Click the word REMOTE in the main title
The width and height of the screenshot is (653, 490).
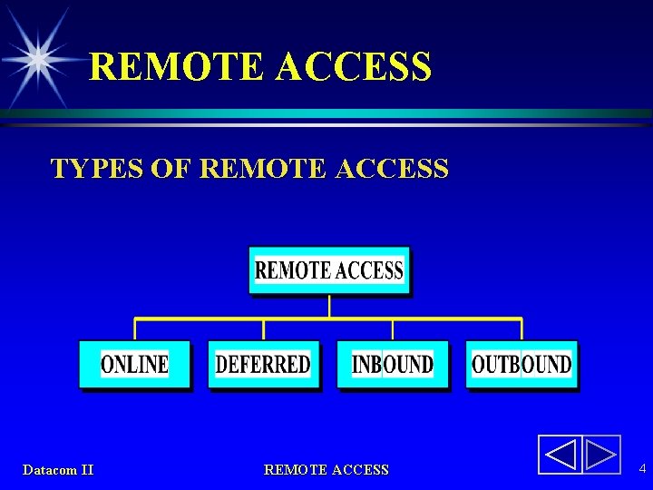[178, 66]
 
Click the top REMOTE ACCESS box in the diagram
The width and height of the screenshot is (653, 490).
[329, 270]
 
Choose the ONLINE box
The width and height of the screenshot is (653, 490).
[135, 365]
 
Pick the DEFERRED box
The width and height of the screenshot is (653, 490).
[263, 365]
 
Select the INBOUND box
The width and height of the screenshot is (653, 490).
[393, 365]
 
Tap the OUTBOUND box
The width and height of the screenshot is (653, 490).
[521, 365]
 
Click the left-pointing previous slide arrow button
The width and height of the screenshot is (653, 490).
[559, 455]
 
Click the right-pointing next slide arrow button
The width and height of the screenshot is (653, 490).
[600, 455]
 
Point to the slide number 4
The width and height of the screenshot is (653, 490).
[642, 469]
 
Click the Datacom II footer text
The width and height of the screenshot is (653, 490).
[58, 470]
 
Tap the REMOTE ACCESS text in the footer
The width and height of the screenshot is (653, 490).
[326, 470]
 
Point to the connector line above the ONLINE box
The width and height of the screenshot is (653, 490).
[135, 328]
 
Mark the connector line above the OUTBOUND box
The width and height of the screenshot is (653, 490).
[521, 328]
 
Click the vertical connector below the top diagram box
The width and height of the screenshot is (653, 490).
[329, 306]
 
